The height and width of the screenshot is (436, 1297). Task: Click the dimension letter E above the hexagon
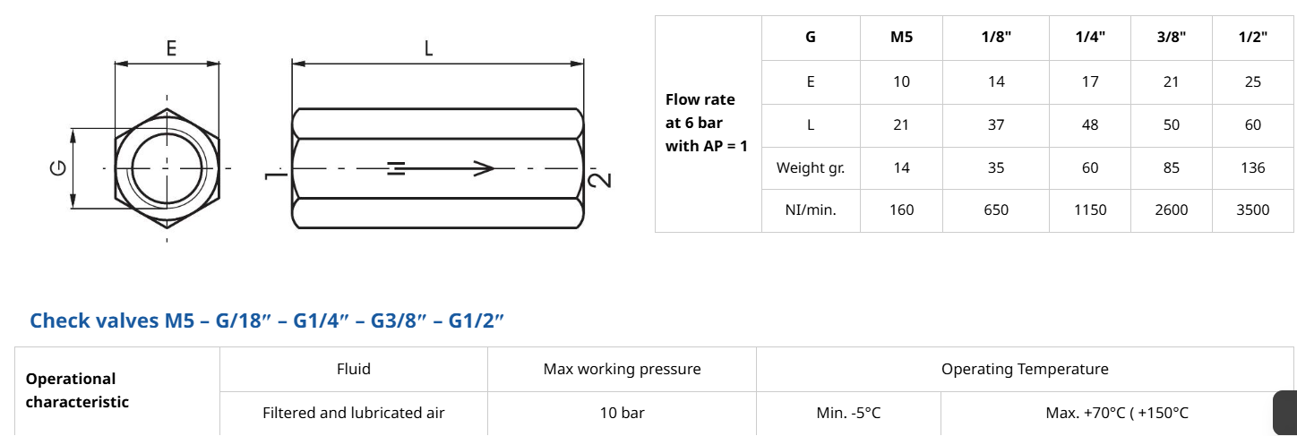(170, 48)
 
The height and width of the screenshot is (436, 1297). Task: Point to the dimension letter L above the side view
(428, 48)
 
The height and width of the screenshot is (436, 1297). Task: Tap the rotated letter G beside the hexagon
(59, 168)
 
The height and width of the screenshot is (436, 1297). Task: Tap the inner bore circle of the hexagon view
(167, 168)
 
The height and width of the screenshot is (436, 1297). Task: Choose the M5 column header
(901, 38)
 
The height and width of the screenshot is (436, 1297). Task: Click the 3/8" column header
(1171, 38)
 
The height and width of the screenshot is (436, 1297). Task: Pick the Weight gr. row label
(810, 167)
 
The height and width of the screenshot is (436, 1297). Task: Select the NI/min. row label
(810, 210)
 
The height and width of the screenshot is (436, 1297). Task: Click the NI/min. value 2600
(1171, 210)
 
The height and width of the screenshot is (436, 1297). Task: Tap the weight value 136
(1252, 167)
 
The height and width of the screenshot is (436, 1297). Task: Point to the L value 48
(1090, 124)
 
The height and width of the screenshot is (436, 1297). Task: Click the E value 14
(996, 81)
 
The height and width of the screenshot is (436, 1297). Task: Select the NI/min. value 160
(901, 210)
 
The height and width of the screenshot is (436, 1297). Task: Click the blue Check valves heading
(267, 321)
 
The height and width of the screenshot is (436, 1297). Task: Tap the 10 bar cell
(622, 413)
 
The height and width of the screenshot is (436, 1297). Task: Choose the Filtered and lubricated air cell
(353, 413)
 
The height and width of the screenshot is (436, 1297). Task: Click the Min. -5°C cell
(847, 413)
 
